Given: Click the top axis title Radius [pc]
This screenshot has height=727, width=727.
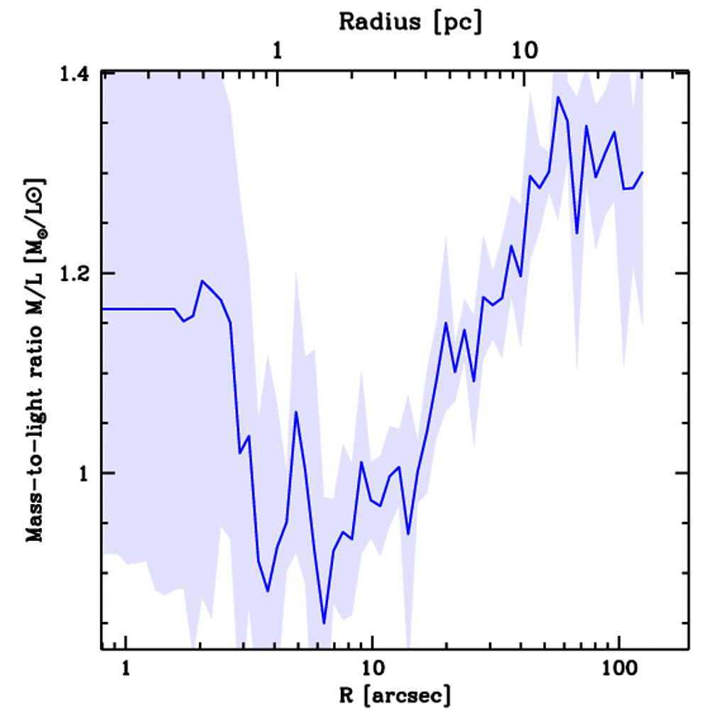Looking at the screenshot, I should point(410,22).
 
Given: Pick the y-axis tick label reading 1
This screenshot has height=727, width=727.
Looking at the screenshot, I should point(88,473).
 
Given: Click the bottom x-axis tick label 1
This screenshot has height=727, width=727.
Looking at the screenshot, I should point(126,669).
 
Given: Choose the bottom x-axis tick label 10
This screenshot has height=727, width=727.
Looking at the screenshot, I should point(371,669).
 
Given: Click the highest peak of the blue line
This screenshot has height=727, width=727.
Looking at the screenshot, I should point(558,97).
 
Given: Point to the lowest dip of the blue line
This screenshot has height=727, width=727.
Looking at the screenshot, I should point(324,623).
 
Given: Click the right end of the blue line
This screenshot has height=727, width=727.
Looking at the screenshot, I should point(643,172).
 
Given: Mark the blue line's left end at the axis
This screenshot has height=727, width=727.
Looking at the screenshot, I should point(104,309).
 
